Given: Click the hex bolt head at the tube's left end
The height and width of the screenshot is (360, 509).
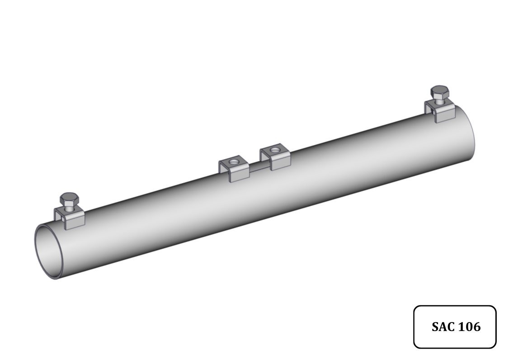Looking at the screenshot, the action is pos(69,198).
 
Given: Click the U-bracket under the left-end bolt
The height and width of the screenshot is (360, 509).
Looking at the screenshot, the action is pos(70,217).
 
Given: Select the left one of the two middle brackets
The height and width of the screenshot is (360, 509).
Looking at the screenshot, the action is pos(234,169).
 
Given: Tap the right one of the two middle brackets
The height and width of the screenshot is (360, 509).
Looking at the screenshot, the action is pos(275,157).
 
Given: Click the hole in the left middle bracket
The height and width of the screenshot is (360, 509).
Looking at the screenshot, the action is pos(233,162).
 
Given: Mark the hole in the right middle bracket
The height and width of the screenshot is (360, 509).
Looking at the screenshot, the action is pos(275,150).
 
